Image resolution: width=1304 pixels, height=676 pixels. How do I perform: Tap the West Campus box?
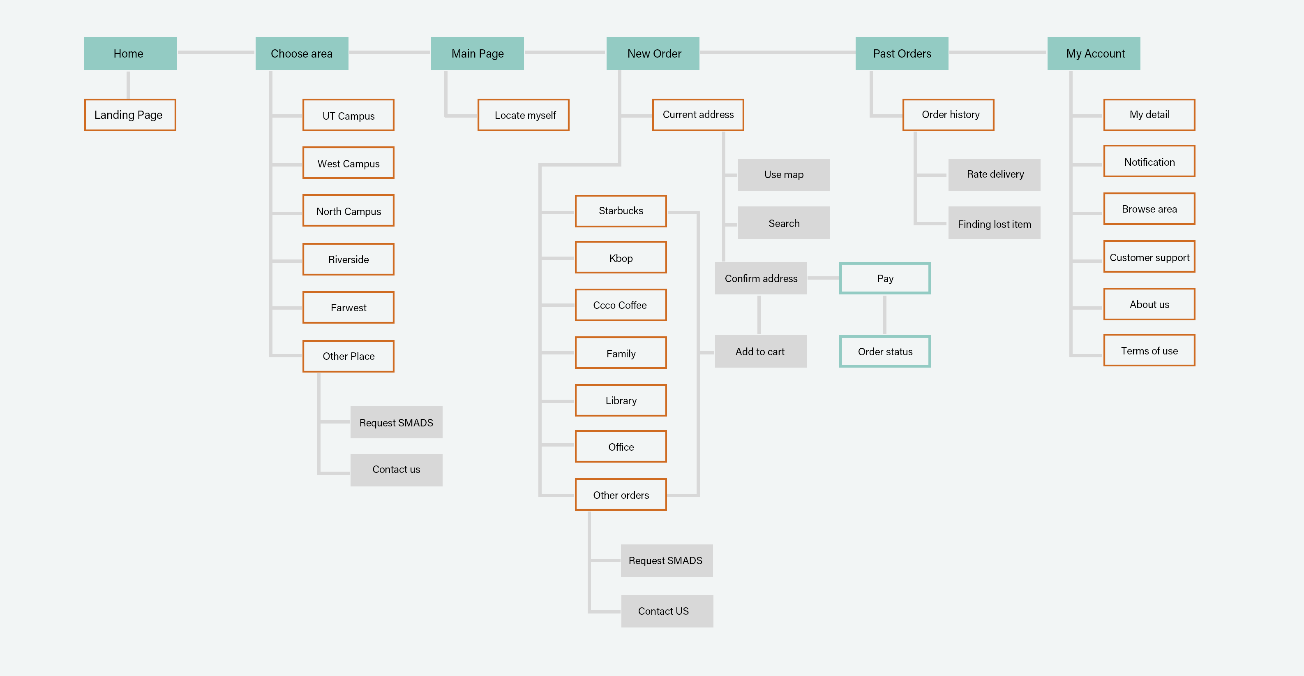[348, 163]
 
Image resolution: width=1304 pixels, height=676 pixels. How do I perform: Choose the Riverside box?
[348, 259]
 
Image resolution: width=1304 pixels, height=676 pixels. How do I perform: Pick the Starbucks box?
[621, 211]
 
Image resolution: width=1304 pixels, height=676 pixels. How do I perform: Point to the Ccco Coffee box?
[621, 305]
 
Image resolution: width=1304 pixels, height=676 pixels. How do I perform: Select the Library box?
[621, 400]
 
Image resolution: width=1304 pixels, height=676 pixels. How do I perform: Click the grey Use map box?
[784, 175]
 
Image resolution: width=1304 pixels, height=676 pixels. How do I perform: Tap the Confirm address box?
[760, 278]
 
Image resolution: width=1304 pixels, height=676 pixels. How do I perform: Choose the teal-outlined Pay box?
[885, 278]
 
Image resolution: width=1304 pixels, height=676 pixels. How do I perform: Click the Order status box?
[885, 352]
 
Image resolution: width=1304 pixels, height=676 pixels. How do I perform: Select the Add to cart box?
[760, 352]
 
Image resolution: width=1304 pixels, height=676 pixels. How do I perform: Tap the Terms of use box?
[1149, 350]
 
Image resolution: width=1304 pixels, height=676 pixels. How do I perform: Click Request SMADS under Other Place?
[396, 422]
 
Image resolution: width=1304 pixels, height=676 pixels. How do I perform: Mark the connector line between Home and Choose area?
[216, 52]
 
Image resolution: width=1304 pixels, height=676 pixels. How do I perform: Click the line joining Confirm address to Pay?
[823, 278]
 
